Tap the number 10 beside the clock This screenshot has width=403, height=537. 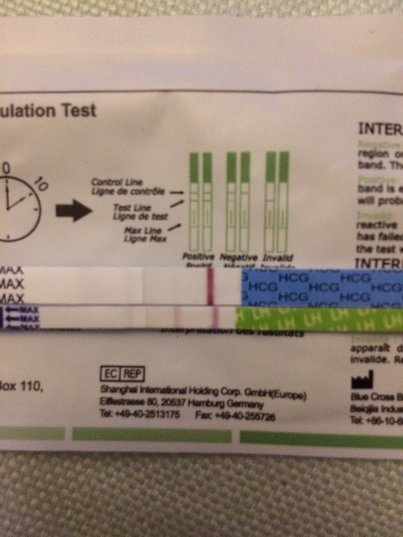click(x=40, y=186)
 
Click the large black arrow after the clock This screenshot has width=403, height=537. click(x=73, y=210)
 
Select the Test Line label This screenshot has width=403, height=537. click(x=132, y=208)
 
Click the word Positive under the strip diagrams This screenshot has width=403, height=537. click(x=198, y=257)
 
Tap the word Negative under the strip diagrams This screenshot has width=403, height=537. click(x=239, y=257)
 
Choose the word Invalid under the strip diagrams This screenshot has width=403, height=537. click(x=279, y=257)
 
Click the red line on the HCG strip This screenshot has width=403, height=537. click(x=210, y=287)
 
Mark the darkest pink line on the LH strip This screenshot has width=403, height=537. click(x=215, y=318)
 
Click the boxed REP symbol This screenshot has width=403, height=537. click(x=133, y=373)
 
